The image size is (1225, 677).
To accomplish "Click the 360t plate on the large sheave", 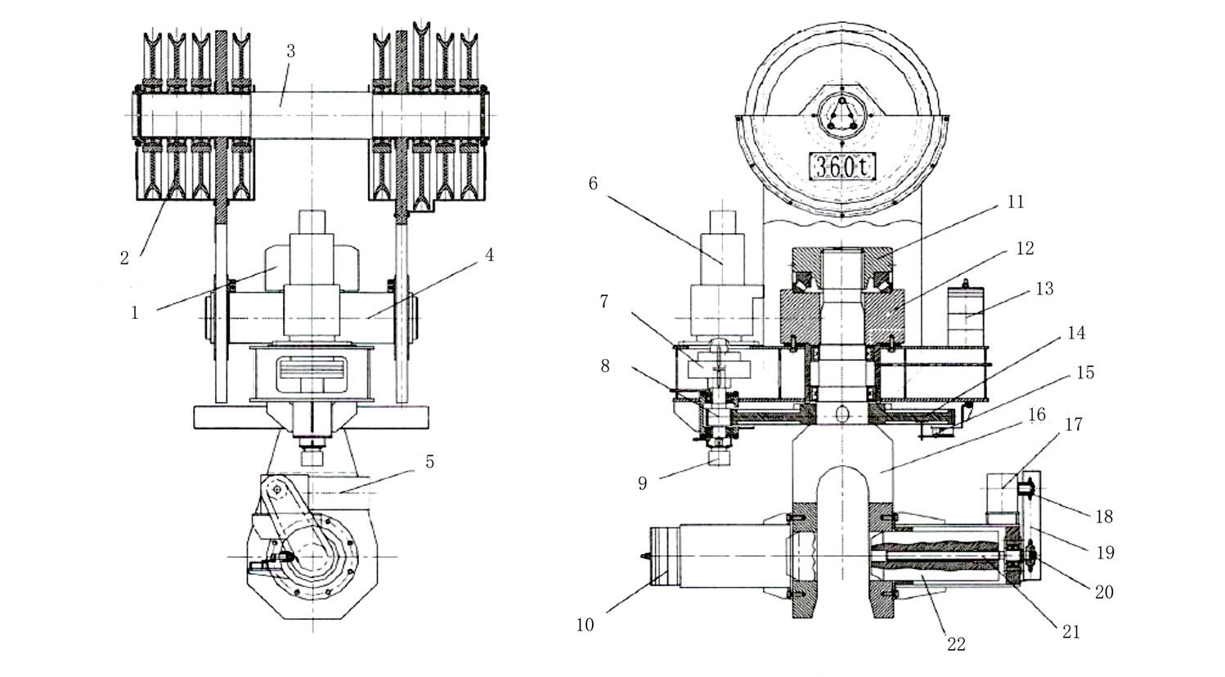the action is pyautogui.click(x=842, y=166).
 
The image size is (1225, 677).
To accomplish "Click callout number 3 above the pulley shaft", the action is pyautogui.click(x=290, y=51).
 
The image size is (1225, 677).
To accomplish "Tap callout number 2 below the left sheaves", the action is pyautogui.click(x=124, y=258).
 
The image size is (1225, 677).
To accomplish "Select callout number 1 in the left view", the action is pyautogui.click(x=135, y=312).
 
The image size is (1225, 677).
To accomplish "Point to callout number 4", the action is pyautogui.click(x=489, y=254).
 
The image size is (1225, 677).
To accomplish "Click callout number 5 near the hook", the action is pyautogui.click(x=430, y=462).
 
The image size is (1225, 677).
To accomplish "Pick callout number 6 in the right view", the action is pyautogui.click(x=594, y=183).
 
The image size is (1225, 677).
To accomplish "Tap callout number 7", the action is pyautogui.click(x=604, y=301).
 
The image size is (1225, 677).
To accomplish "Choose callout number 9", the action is pyautogui.click(x=642, y=483).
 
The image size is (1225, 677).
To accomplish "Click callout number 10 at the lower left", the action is pyautogui.click(x=585, y=625).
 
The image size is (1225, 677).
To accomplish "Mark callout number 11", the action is pyautogui.click(x=1015, y=202).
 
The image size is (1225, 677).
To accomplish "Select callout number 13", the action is pyautogui.click(x=1044, y=288).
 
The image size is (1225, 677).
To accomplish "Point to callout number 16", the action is pyautogui.click(x=1037, y=415).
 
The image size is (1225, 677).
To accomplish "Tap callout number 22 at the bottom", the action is pyautogui.click(x=956, y=645).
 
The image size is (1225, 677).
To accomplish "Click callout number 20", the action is pyautogui.click(x=1104, y=591).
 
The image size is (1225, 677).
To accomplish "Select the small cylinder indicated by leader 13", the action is pyautogui.click(x=965, y=315).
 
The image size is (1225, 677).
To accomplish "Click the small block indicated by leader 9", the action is pyautogui.click(x=719, y=457).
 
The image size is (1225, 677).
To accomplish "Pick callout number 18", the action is pyautogui.click(x=1104, y=516).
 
